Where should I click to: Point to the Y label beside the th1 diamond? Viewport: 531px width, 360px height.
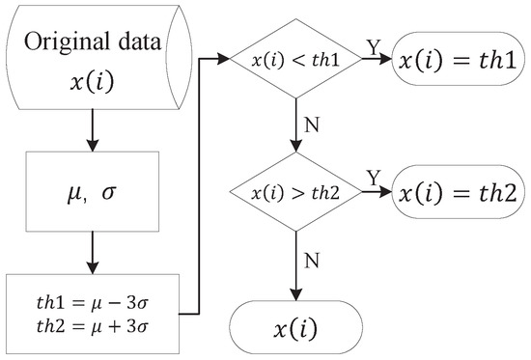pyautogui.click(x=372, y=46)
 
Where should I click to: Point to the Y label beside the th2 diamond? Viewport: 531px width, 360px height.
pyautogui.click(x=371, y=178)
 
